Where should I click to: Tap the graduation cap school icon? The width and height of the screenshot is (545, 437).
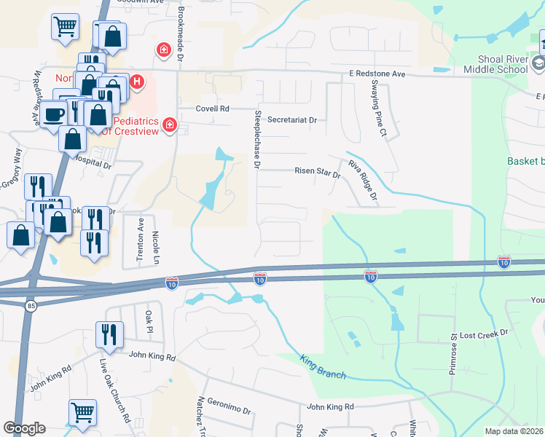tap(538, 65)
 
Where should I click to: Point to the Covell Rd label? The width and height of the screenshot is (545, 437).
tap(212, 109)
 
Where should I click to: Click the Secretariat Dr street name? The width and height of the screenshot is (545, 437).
tap(292, 119)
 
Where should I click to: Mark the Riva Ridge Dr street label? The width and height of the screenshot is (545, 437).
tap(362, 180)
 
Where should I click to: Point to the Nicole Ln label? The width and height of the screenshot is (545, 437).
tap(155, 246)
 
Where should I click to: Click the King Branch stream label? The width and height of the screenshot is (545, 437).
tap(323, 366)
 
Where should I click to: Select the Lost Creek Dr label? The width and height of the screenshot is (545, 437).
tap(487, 331)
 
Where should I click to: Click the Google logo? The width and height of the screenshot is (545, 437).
tap(24, 428)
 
